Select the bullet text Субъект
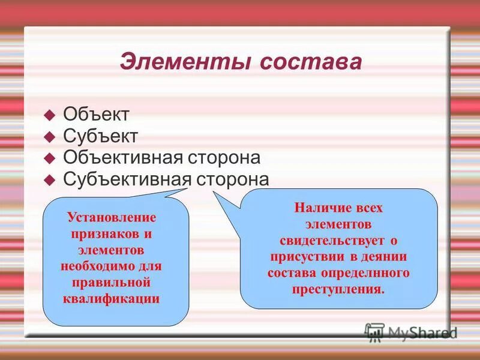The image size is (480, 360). point(100,136)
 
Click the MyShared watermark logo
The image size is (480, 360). point(412,332)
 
